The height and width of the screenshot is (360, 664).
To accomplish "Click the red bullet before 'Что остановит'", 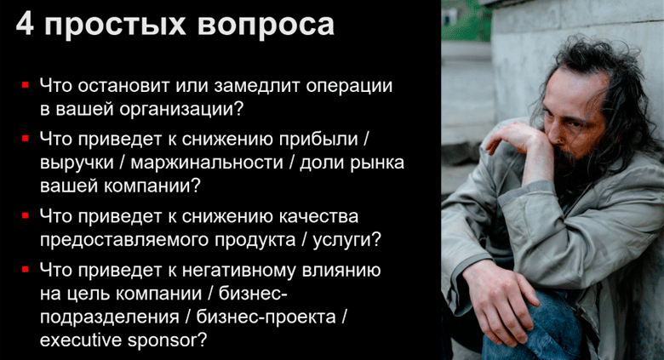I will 26,86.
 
